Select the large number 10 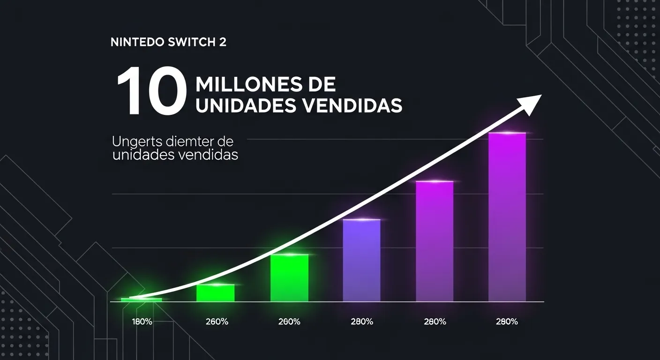pyautogui.click(x=148, y=92)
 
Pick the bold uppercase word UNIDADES pyautogui.click(x=245, y=105)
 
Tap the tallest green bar pyautogui.click(x=289, y=278)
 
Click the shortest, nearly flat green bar pyautogui.click(x=141, y=300)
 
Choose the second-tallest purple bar pyautogui.click(x=435, y=241)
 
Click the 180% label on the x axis pyautogui.click(x=142, y=322)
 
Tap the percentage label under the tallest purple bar pyautogui.click(x=507, y=322)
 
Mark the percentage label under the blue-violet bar pyautogui.click(x=361, y=322)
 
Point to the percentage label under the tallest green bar pyautogui.click(x=289, y=322)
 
